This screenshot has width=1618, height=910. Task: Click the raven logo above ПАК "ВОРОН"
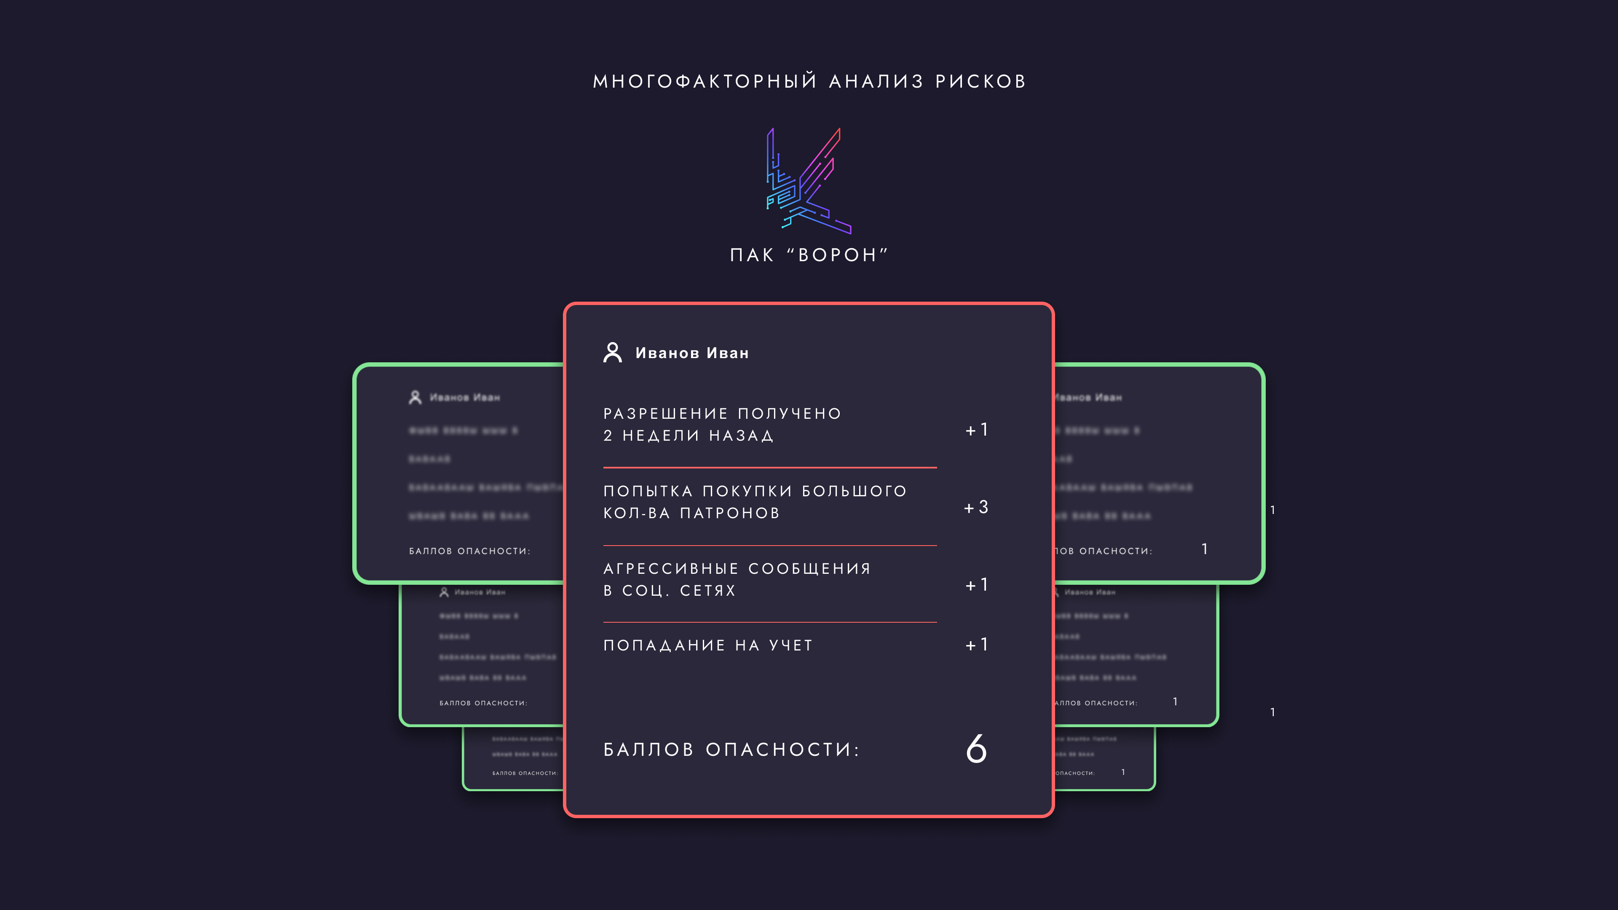809,181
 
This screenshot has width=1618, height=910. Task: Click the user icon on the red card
612,352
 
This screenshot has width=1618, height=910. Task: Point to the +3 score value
976,507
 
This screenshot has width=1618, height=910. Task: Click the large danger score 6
976,749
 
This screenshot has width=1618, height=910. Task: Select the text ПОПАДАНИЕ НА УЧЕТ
708,645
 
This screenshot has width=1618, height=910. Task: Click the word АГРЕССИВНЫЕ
671,568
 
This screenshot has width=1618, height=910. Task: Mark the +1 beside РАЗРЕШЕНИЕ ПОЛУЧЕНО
977,430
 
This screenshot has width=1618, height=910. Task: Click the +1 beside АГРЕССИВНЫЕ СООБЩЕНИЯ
977,585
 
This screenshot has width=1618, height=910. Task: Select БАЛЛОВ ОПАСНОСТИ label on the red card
731,749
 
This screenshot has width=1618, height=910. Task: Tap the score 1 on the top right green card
1205,549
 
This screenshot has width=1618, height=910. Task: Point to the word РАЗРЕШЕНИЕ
666,414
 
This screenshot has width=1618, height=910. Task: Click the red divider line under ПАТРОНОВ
769,545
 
